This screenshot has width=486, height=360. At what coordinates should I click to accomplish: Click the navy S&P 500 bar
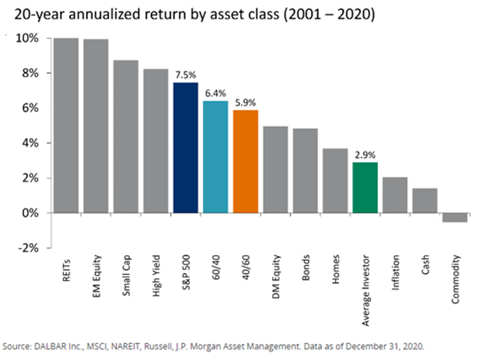186,148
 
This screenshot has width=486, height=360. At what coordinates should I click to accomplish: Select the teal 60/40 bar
215,157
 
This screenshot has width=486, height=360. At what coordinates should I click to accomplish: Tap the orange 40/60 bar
246,161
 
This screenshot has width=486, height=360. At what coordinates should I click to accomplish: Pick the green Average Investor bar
365,188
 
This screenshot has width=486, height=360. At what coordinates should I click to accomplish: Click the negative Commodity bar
455,218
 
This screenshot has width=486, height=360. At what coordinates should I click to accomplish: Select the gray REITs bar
66,126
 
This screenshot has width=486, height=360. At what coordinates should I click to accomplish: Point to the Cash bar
425,201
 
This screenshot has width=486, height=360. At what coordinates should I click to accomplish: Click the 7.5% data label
186,75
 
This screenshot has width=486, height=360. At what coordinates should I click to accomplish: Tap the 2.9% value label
365,155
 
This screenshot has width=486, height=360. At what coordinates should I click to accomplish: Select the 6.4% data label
215,93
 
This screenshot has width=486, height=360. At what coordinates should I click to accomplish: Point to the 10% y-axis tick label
27,38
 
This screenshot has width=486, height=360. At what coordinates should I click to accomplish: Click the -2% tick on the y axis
29,248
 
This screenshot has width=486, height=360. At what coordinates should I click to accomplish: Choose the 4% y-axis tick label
31,143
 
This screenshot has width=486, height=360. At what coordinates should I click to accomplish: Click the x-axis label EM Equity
96,276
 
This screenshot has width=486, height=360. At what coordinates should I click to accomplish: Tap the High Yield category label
156,276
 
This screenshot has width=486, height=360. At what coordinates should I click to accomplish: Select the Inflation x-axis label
395,273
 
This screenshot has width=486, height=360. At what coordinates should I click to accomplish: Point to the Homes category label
336,269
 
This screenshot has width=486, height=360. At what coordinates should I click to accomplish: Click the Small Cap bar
126,137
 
